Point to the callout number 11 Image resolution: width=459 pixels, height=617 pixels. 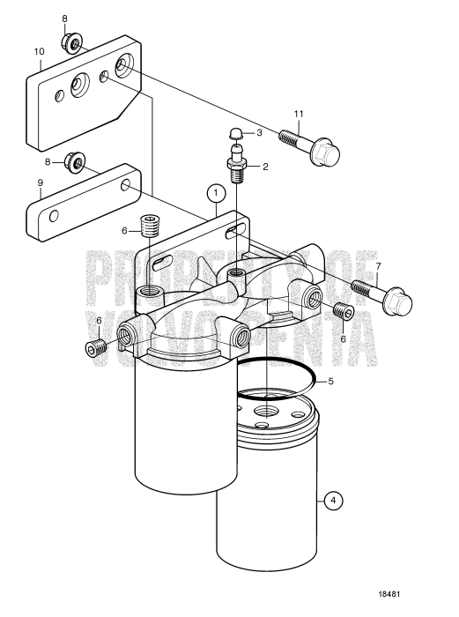point(298,115)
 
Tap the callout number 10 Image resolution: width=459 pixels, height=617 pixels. point(39,51)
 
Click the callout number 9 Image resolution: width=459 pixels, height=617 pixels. point(39,183)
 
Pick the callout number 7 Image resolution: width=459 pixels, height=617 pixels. point(379,264)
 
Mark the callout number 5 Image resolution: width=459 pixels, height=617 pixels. point(355,383)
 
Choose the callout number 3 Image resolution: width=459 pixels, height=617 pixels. point(260,132)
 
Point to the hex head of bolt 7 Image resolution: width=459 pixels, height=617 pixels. point(399,305)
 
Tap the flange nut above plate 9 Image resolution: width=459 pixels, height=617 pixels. point(78,162)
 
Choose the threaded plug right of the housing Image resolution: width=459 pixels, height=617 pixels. point(346,313)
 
